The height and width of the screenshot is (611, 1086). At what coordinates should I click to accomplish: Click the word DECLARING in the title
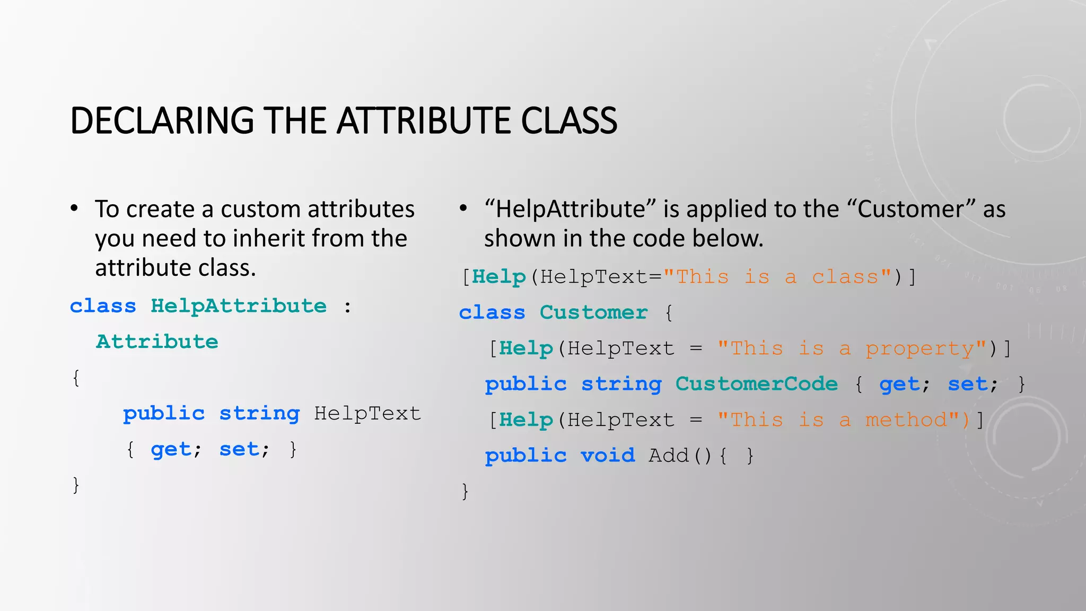tap(162, 120)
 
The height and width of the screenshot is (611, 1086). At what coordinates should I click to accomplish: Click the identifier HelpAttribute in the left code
tap(239, 306)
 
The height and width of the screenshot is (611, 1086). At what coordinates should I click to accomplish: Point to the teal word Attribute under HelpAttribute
tap(157, 342)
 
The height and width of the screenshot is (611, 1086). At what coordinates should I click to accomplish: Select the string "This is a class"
tap(777, 277)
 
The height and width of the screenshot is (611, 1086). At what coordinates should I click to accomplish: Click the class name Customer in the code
tap(593, 312)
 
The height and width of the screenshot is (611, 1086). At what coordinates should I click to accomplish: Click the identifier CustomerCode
tap(756, 384)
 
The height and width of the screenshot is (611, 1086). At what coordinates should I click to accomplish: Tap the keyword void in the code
tap(608, 456)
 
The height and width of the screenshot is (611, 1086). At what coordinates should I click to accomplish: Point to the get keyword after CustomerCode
tap(899, 384)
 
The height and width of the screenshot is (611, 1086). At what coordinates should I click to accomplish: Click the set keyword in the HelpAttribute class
tap(239, 450)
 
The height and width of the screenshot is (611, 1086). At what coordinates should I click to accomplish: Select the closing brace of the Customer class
tap(465, 492)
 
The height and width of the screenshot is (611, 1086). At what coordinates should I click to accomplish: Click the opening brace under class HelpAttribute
tap(76, 378)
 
